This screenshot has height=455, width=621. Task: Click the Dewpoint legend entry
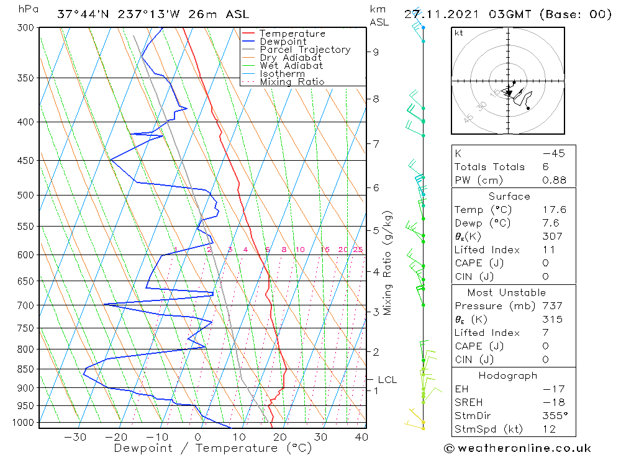[x=283, y=42]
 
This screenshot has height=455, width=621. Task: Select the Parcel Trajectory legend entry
[x=304, y=50]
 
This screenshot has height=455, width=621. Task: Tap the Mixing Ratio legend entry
[x=292, y=81]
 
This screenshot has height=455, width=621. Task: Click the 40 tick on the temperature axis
[x=361, y=437]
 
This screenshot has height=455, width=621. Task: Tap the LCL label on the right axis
[x=387, y=379]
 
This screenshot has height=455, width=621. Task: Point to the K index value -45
[x=554, y=153]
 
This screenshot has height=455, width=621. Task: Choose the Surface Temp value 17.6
[x=554, y=210]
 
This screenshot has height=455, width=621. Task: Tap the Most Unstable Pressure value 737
[x=551, y=305]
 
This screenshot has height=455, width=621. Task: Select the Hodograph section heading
[x=508, y=376]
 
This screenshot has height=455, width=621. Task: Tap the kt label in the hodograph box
[x=459, y=33]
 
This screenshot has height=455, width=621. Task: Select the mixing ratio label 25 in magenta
[x=358, y=250]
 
